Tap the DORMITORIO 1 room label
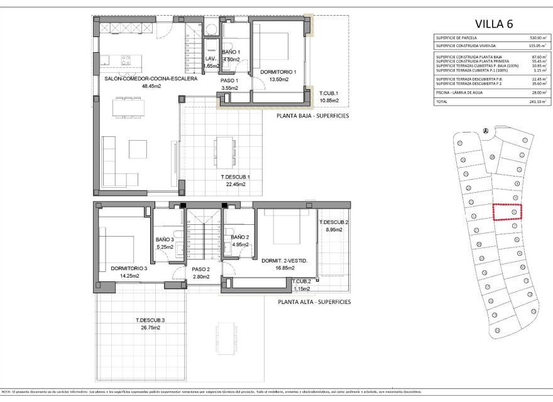pos(273,72)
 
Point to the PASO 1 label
pos(229,80)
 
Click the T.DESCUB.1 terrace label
pos(236,177)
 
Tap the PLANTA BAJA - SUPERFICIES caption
pos(312,116)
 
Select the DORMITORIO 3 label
pos(129,268)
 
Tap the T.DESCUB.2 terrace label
pos(334,223)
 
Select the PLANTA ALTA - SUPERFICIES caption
pos(314,301)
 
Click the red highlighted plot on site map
pos(507,212)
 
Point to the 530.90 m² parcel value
pos(537,38)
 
